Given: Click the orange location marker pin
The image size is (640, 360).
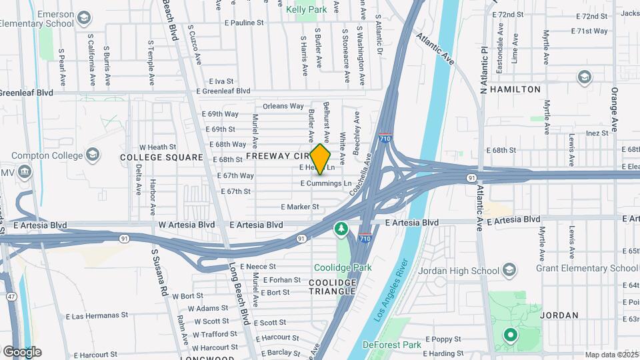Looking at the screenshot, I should click(x=321, y=159).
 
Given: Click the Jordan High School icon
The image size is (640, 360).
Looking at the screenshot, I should click(x=510, y=270).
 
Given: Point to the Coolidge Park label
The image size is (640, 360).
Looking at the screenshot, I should click(x=342, y=268).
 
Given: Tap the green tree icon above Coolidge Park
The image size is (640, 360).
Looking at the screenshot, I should click(x=341, y=229).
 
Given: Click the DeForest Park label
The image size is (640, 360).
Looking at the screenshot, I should click(x=392, y=345).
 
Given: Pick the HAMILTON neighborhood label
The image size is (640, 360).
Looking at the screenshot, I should click(x=515, y=89).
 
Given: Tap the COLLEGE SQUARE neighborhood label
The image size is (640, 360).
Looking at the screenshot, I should click(x=161, y=157).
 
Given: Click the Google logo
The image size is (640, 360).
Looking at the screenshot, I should click(x=22, y=352).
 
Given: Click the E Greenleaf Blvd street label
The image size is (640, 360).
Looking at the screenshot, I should click(x=225, y=91).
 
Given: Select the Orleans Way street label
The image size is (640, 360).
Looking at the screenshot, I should click(x=283, y=106).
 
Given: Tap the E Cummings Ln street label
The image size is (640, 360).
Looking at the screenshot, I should click(x=325, y=183).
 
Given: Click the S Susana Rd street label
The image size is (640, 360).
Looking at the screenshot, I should click(x=158, y=273).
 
